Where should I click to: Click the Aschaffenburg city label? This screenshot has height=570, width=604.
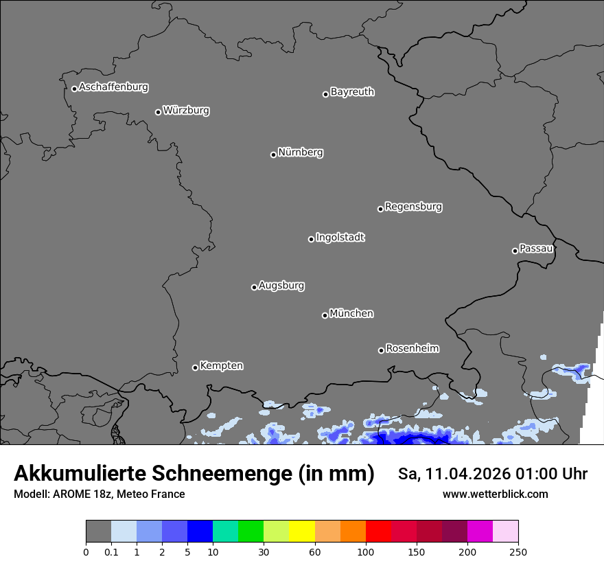(x=113, y=87)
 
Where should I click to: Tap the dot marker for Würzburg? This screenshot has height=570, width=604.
(x=158, y=112)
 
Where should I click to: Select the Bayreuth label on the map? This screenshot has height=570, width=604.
(x=352, y=92)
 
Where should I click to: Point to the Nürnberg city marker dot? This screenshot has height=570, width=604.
(x=273, y=155)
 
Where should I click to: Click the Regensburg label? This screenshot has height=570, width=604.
(x=413, y=207)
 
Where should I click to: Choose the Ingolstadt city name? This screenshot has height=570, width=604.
(x=340, y=238)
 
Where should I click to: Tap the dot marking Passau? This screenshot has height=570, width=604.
(x=515, y=251)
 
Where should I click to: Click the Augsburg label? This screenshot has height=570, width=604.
(x=281, y=286)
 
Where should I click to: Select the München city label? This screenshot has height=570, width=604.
(x=351, y=314)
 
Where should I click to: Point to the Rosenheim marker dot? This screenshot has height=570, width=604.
(x=381, y=351)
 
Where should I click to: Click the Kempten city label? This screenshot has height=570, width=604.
(x=221, y=366)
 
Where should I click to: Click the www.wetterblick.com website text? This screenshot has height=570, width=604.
(x=495, y=494)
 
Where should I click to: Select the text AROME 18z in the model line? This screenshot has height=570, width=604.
(x=78, y=494)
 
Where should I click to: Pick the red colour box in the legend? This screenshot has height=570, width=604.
(x=378, y=532)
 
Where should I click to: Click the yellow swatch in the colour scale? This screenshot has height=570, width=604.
(x=302, y=532)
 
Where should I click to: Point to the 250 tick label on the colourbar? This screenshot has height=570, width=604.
(x=518, y=551)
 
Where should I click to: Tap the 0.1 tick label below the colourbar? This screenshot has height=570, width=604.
(x=111, y=551)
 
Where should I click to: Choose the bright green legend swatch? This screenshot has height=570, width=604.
(x=251, y=532)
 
